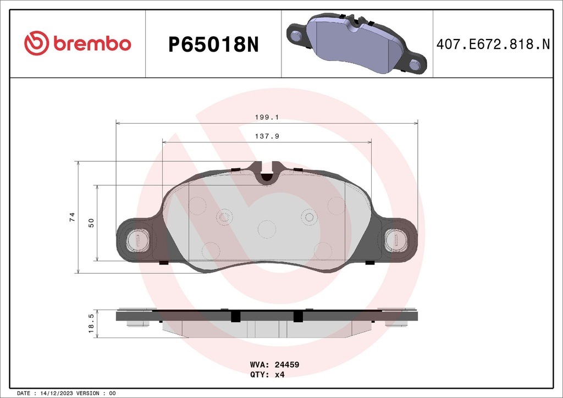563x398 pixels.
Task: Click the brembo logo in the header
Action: [x=77, y=44]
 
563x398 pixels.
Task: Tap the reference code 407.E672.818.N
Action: [x=493, y=45]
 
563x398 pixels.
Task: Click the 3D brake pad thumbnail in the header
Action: [x=356, y=44]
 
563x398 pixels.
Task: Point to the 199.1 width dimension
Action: [x=267, y=117]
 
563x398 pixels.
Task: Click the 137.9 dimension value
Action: [x=267, y=136]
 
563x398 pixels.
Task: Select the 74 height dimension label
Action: [x=72, y=217]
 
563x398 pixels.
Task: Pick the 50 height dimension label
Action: [x=91, y=223]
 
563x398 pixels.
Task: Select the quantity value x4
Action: [x=279, y=374]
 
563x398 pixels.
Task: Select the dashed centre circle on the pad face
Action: [x=267, y=228]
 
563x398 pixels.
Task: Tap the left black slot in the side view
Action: [x=236, y=316]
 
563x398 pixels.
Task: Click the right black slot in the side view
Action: [x=298, y=316]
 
